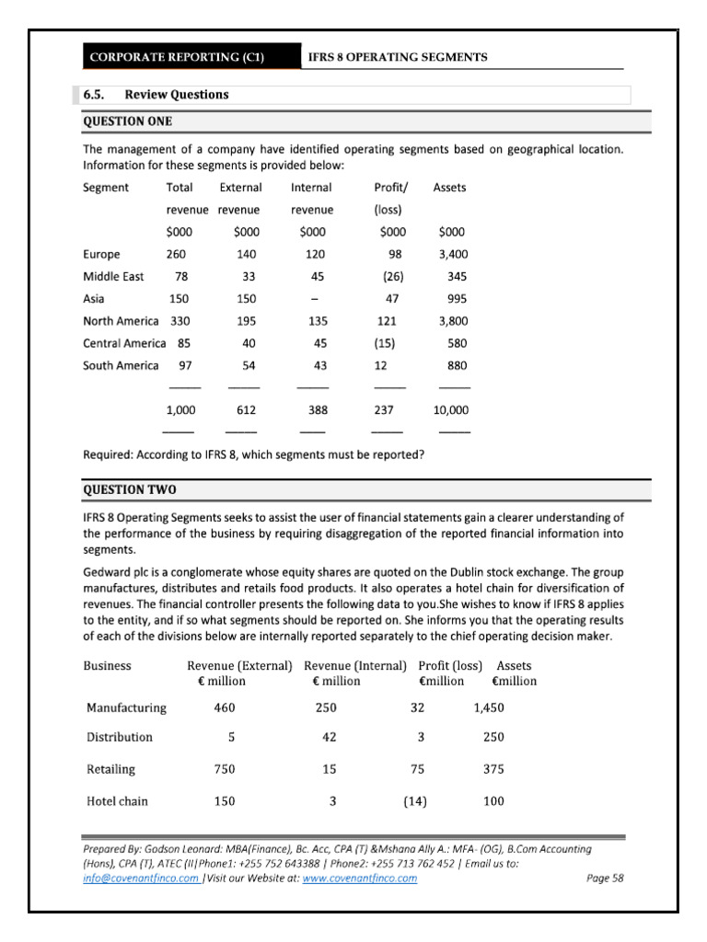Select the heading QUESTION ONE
tap(128, 121)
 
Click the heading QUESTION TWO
tap(129, 489)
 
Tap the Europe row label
tap(101, 255)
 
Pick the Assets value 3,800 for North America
tap(451, 321)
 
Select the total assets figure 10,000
tap(450, 411)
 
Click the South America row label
tap(121, 365)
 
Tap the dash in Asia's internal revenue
tap(314, 299)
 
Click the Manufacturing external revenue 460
tap(225, 707)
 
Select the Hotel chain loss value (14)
tap(414, 801)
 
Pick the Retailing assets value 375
tap(493, 769)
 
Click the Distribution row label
tap(120, 738)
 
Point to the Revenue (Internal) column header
tap(354, 666)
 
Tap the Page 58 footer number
tap(605, 879)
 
